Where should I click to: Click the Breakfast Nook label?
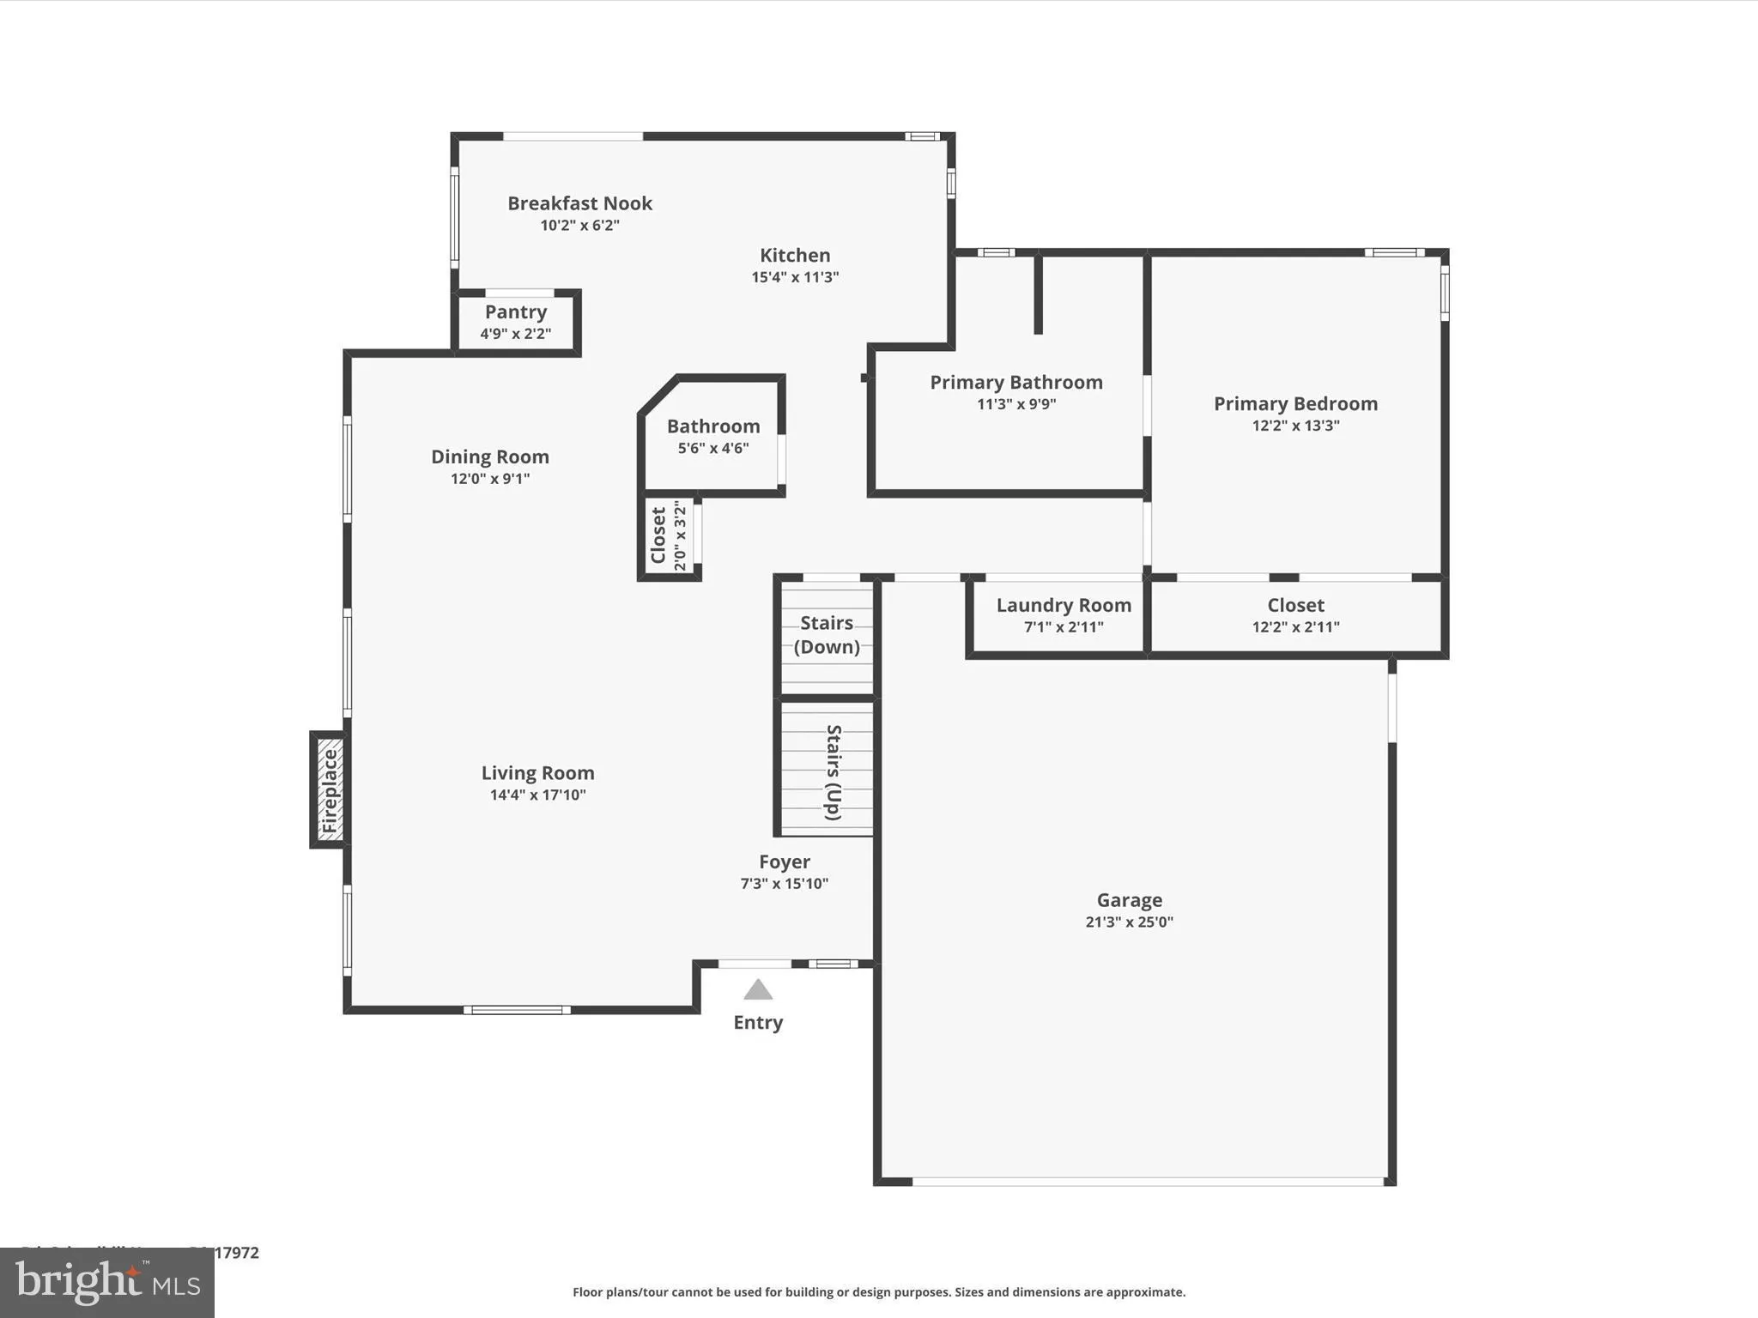pyautogui.click(x=579, y=203)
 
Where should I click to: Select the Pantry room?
pyautogui.click(x=515, y=322)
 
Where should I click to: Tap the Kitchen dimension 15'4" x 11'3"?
pyautogui.click(x=795, y=277)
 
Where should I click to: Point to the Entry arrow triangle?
pyautogui.click(x=757, y=990)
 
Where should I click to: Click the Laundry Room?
pyautogui.click(x=1063, y=614)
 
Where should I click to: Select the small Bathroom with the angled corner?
pyautogui.click(x=712, y=436)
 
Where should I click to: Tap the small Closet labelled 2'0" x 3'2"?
pyautogui.click(x=669, y=536)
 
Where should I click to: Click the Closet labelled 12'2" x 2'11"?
pyautogui.click(x=1295, y=614)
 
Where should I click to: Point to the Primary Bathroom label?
pyautogui.click(x=1016, y=383)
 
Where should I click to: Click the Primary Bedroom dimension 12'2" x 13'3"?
pyautogui.click(x=1295, y=426)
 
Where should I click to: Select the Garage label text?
pyautogui.click(x=1129, y=900)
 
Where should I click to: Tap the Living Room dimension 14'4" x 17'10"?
pyautogui.click(x=537, y=795)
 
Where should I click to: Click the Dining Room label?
pyautogui.click(x=489, y=457)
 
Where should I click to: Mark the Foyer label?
pyautogui.click(x=784, y=862)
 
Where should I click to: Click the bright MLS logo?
pyautogui.click(x=107, y=1282)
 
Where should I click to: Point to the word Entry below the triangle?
pyautogui.click(x=757, y=1022)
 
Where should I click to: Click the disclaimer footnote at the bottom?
pyautogui.click(x=878, y=1292)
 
